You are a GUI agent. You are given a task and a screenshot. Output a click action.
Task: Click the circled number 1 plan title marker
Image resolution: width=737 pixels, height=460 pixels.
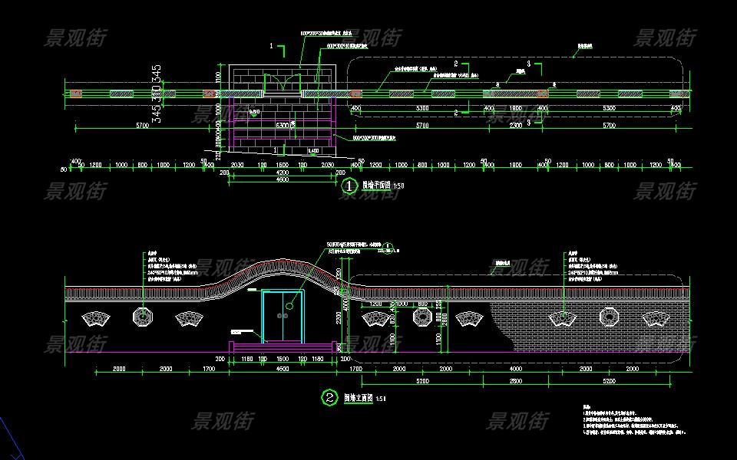point(349,185)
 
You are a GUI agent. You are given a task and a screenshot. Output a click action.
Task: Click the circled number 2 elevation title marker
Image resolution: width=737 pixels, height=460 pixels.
point(329,397)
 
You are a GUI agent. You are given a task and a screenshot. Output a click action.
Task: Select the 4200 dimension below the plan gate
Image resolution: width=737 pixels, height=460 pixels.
point(282,173)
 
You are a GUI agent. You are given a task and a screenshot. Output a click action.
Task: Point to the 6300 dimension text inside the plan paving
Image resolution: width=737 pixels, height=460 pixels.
point(283,125)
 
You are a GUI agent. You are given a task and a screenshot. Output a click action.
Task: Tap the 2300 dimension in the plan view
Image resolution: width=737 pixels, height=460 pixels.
point(516,125)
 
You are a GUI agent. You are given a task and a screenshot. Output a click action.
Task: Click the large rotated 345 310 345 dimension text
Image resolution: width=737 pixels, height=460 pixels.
point(157,94)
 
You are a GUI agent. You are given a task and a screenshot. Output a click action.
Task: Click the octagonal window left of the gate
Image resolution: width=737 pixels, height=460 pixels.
point(142,315)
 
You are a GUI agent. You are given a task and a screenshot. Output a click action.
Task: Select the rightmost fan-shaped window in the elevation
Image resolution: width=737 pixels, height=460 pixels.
point(654,317)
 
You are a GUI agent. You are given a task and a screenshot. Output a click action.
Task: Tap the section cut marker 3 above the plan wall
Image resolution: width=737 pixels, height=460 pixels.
point(529,62)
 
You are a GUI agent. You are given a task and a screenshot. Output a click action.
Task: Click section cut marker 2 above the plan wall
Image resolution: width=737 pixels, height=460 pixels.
point(456,63)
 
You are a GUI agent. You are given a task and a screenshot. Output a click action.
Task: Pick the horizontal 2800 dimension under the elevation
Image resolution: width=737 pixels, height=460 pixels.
point(516,380)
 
